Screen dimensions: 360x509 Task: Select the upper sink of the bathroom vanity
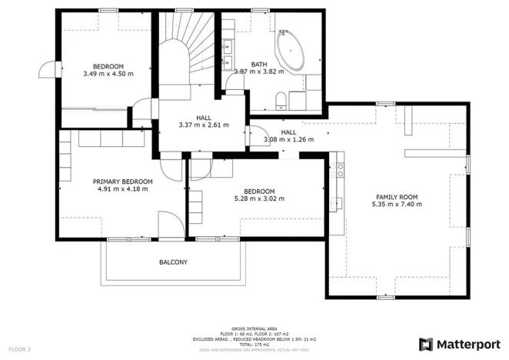click(x=228, y=45)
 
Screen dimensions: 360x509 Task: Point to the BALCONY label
click(x=173, y=262)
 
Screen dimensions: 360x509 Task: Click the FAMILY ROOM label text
click(x=397, y=197)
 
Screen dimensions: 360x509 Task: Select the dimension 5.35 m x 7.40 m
click(x=397, y=205)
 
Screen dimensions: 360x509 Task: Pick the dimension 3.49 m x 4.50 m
click(x=108, y=75)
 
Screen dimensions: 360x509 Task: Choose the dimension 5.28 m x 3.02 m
click(x=259, y=198)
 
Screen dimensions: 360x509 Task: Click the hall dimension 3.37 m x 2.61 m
click(x=203, y=125)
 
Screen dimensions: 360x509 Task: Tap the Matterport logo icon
click(x=425, y=343)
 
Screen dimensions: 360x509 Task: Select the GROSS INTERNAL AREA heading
click(x=253, y=328)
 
